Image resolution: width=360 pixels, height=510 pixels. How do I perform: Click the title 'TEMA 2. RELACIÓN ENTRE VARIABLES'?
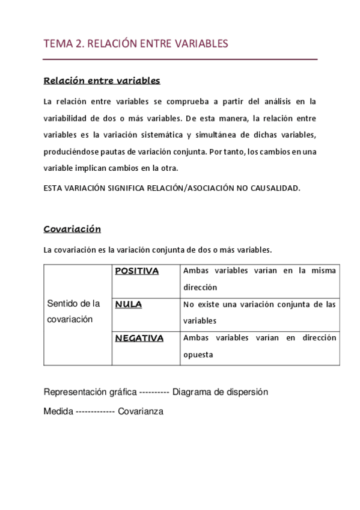pyautogui.click(x=136, y=43)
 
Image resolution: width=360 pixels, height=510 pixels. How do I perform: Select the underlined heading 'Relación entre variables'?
pyautogui.click(x=102, y=80)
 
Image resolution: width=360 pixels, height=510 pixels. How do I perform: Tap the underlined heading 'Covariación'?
pyautogui.click(x=72, y=229)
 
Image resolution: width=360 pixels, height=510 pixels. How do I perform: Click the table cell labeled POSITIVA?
pyautogui.click(x=137, y=271)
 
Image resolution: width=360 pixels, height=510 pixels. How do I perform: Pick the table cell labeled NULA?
pyautogui.click(x=129, y=304)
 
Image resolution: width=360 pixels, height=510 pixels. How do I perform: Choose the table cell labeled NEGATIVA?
pyautogui.click(x=139, y=338)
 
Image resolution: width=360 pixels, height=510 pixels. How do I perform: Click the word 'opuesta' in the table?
pyautogui.click(x=198, y=355)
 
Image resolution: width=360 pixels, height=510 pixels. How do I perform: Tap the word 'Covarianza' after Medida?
pyautogui.click(x=141, y=412)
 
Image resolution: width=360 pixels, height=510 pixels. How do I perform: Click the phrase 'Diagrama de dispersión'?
pyautogui.click(x=220, y=392)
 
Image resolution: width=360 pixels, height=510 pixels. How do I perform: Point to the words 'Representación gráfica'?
pyautogui.click(x=90, y=392)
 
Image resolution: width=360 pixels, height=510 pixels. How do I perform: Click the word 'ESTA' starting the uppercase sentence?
pyautogui.click(x=53, y=188)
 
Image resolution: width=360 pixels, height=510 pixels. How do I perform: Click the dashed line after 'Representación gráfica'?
pyautogui.click(x=154, y=392)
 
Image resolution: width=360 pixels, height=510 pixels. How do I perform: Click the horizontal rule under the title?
pyautogui.click(x=180, y=60)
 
